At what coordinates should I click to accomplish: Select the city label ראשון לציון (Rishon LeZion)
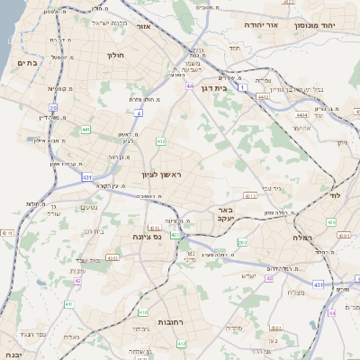coord(161,175)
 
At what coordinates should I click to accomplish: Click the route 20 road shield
coord(54,108)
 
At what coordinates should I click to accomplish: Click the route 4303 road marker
coord(250,195)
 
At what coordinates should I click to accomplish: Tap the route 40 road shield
coord(268,278)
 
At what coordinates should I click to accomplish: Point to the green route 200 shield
coord(240,243)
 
